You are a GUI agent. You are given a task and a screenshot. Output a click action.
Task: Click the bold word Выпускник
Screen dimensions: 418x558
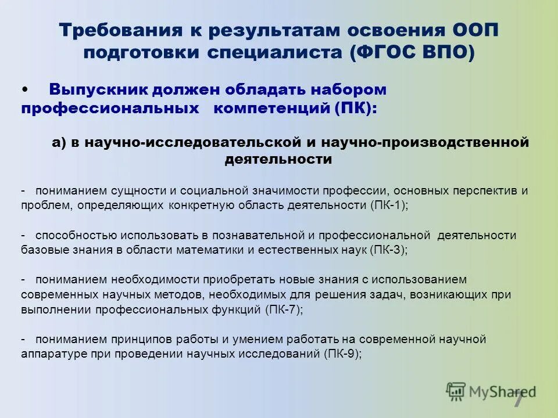coord(99,90)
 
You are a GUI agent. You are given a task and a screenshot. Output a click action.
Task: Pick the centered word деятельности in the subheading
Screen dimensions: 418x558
coord(278,160)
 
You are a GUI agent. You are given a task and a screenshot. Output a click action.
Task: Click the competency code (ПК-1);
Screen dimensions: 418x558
coord(389,206)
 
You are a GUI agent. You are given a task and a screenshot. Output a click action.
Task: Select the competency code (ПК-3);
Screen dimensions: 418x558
coord(388,250)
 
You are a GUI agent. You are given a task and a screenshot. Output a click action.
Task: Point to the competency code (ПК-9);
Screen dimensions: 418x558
coord(343,354)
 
